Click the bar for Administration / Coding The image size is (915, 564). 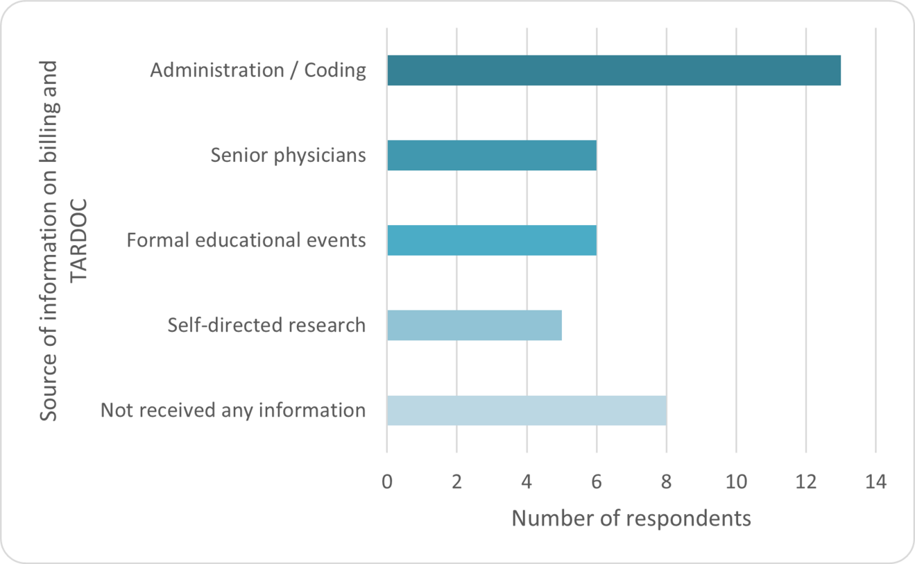[613, 70]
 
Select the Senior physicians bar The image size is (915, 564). [491, 155]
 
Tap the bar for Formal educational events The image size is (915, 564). [491, 240]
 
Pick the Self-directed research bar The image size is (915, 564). [474, 325]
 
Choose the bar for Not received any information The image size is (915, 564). [526, 410]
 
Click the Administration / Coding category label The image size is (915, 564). [258, 70]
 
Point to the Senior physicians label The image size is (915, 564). [288, 155]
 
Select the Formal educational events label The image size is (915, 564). [246, 240]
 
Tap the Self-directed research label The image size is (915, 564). [266, 325]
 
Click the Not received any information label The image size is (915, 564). [233, 410]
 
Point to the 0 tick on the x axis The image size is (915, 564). [387, 481]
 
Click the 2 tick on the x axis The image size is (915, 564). [456, 481]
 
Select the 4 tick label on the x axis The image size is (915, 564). [527, 481]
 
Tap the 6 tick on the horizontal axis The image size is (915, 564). [597, 481]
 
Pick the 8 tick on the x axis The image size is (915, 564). [666, 481]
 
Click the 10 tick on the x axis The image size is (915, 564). [736, 481]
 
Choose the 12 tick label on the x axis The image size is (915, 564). [805, 481]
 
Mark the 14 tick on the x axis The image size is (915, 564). [875, 481]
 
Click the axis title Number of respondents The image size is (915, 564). [631, 519]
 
